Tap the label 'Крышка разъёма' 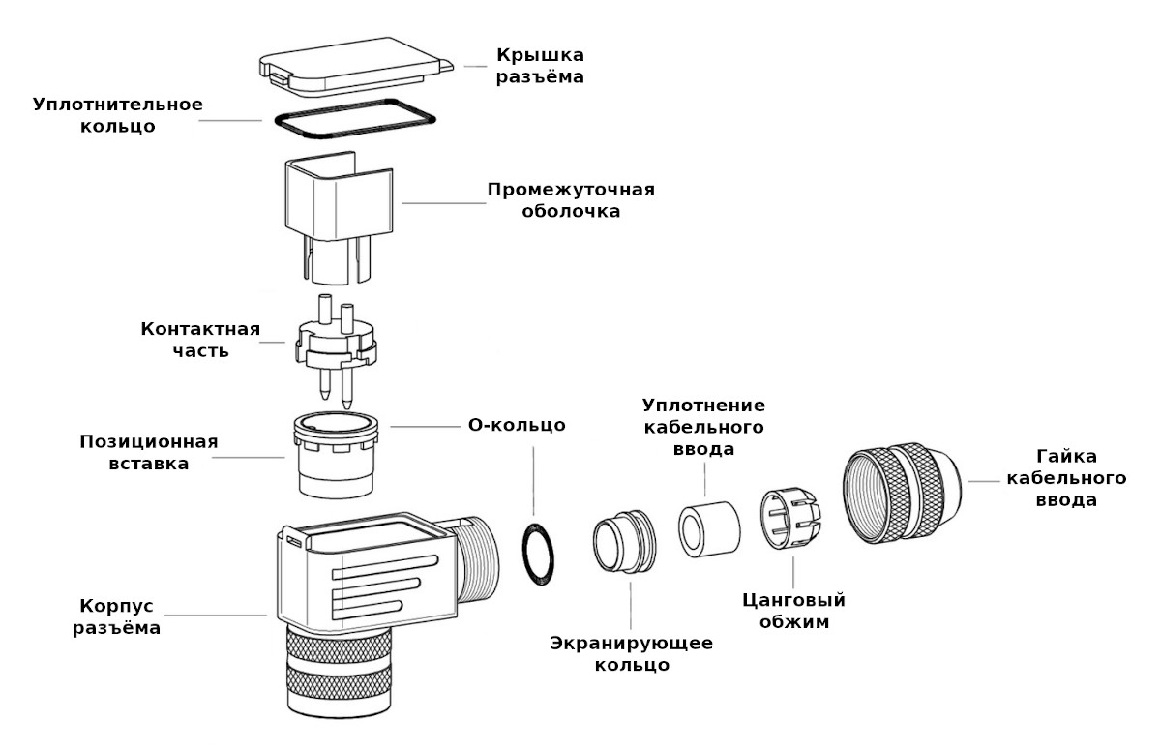(541, 65)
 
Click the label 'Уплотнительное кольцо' (118, 115)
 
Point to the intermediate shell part (338, 203)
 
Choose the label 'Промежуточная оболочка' (571, 199)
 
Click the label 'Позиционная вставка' (148, 452)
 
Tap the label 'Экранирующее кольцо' (632, 654)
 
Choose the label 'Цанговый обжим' (792, 612)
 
